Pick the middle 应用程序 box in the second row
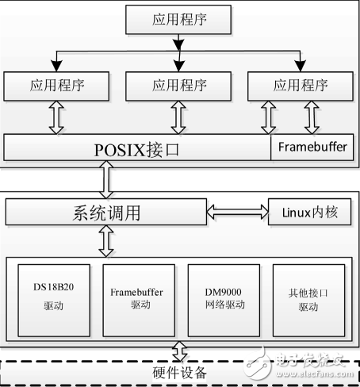pos(180,83)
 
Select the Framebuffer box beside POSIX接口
pos(312,148)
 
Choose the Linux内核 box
pos(307,213)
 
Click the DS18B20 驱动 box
pos(52,299)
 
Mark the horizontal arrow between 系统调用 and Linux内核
pos(237,213)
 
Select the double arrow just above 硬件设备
pos(180,351)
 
